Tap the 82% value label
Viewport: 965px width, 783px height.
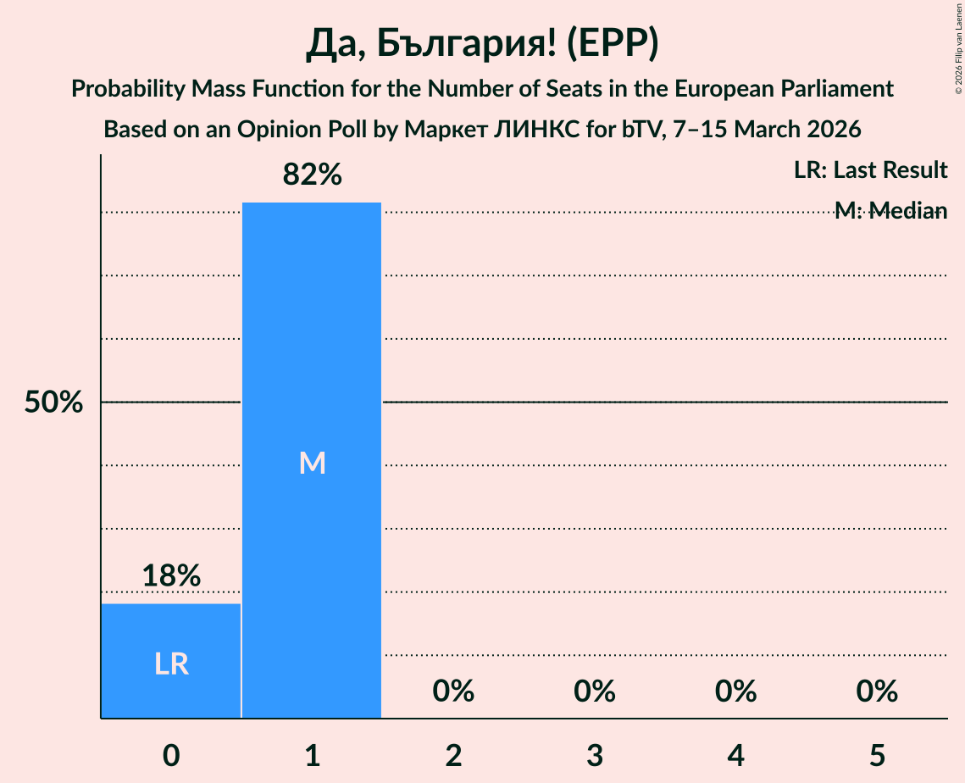click(312, 175)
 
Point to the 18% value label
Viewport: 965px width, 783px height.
click(171, 576)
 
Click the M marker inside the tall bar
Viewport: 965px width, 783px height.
click(312, 463)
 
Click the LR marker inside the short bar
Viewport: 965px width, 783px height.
click(171, 664)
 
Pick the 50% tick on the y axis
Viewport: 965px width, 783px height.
click(53, 403)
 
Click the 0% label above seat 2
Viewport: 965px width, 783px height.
click(453, 691)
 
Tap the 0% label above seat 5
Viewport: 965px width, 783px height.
click(877, 691)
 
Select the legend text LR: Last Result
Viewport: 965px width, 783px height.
click(870, 170)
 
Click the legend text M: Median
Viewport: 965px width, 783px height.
click(890, 211)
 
